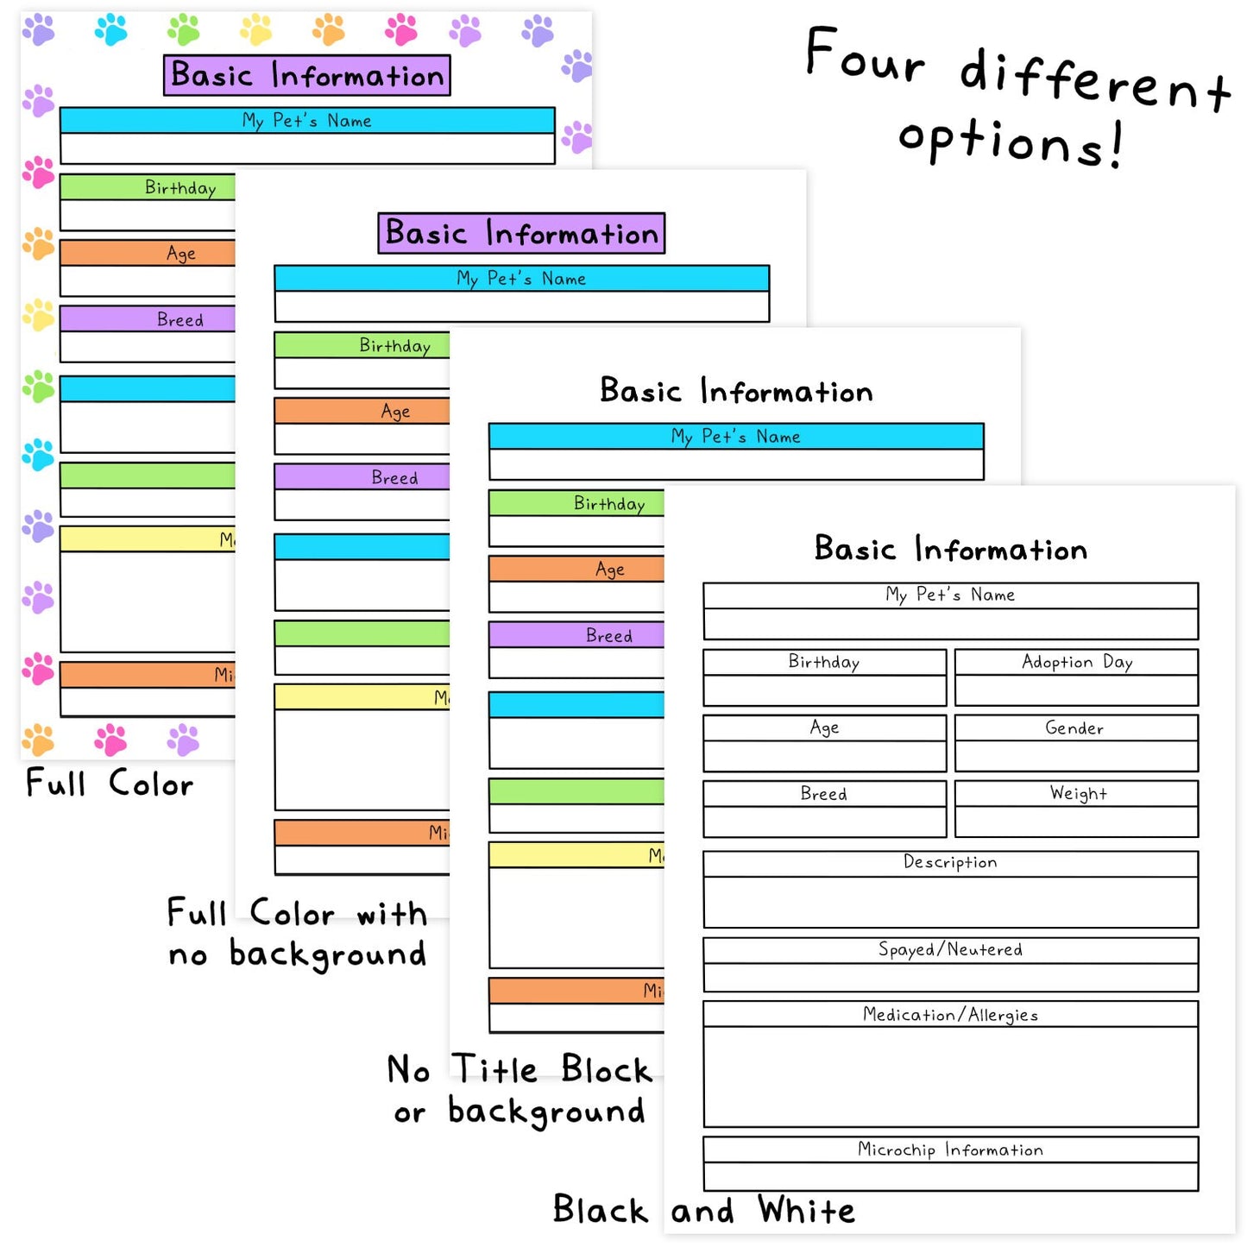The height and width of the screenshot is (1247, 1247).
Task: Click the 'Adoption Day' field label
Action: click(x=1076, y=662)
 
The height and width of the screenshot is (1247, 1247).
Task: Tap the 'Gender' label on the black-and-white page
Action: click(x=1074, y=728)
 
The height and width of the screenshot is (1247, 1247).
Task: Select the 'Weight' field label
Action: click(x=1078, y=793)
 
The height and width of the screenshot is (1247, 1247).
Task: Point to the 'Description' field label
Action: click(x=950, y=862)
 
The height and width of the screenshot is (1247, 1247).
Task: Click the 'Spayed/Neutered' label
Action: click(x=950, y=949)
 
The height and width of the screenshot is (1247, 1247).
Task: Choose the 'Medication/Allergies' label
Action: click(x=950, y=1015)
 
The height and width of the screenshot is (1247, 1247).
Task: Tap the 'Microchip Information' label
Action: click(x=950, y=1149)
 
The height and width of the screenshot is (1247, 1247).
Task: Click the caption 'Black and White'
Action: click(x=703, y=1210)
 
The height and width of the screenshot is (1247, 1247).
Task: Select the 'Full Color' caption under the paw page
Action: click(x=110, y=784)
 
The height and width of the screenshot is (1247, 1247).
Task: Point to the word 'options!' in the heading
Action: click(x=1011, y=142)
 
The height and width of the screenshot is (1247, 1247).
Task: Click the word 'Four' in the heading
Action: click(x=865, y=56)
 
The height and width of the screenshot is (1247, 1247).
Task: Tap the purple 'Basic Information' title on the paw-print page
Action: click(x=307, y=75)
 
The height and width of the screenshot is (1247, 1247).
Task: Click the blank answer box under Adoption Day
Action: click(x=1076, y=690)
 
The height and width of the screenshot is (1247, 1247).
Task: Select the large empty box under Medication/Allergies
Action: click(x=950, y=1076)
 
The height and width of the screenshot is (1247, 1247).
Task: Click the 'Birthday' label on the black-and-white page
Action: click(x=824, y=662)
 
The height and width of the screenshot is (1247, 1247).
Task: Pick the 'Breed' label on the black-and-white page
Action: click(x=824, y=794)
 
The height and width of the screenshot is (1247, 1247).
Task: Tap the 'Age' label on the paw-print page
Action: click(x=181, y=254)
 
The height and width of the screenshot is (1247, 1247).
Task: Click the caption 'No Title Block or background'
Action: click(x=519, y=1090)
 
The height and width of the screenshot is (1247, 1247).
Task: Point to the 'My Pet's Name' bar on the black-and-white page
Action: click(x=950, y=595)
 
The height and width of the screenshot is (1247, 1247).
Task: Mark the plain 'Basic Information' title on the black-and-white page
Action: click(x=950, y=549)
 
